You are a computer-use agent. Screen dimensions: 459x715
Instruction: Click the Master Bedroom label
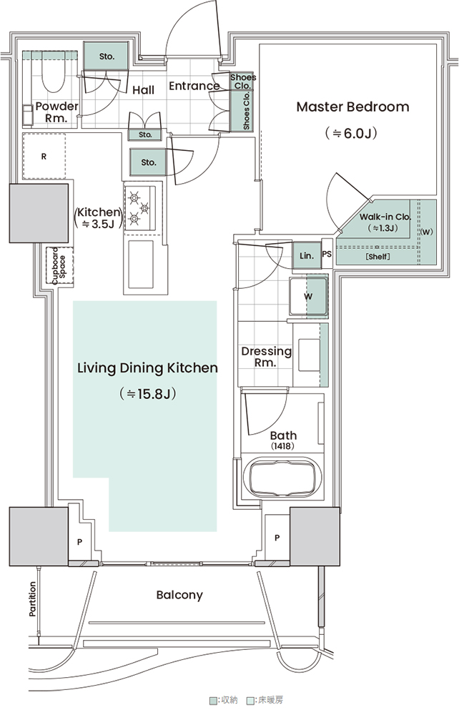pyautogui.click(x=352, y=107)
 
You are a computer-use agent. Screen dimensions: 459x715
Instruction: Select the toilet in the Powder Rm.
pyautogui.click(x=54, y=73)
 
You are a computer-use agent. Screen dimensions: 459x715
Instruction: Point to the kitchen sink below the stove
pyautogui.click(x=140, y=265)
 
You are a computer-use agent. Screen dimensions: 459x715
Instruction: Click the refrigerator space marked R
pyautogui.click(x=44, y=157)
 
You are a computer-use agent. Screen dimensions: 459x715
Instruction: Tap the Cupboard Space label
pyautogui.click(x=59, y=266)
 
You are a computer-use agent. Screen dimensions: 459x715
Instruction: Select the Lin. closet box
pyautogui.click(x=307, y=256)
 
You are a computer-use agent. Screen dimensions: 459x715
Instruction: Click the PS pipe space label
pyautogui.click(x=327, y=254)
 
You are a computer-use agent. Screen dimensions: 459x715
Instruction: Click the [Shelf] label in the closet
pyautogui.click(x=378, y=257)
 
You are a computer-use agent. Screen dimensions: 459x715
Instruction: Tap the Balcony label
pyautogui.click(x=179, y=595)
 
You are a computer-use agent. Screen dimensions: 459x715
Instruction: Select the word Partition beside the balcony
pyautogui.click(x=32, y=599)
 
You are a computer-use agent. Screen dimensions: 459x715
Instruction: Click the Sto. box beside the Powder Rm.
pyautogui.click(x=107, y=56)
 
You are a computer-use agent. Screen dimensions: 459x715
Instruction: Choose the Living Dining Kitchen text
pyautogui.click(x=147, y=368)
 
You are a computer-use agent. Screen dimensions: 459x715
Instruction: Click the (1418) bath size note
pyautogui.click(x=282, y=446)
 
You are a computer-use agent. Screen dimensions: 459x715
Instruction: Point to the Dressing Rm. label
pyautogui.click(x=266, y=357)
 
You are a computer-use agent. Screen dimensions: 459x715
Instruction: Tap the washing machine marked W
pyautogui.click(x=309, y=297)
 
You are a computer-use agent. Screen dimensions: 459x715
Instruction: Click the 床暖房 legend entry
pyautogui.click(x=266, y=699)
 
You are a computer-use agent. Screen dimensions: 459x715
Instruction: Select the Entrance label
pyautogui.click(x=194, y=86)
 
